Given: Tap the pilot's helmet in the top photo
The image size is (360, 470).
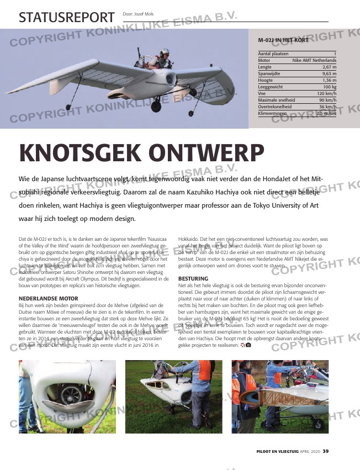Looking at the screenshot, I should (164, 52).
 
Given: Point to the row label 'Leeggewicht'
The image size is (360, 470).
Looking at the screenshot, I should (270, 87).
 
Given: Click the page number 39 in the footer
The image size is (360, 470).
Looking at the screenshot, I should (326, 452).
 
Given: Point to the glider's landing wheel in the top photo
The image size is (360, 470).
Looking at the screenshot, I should (157, 104).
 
